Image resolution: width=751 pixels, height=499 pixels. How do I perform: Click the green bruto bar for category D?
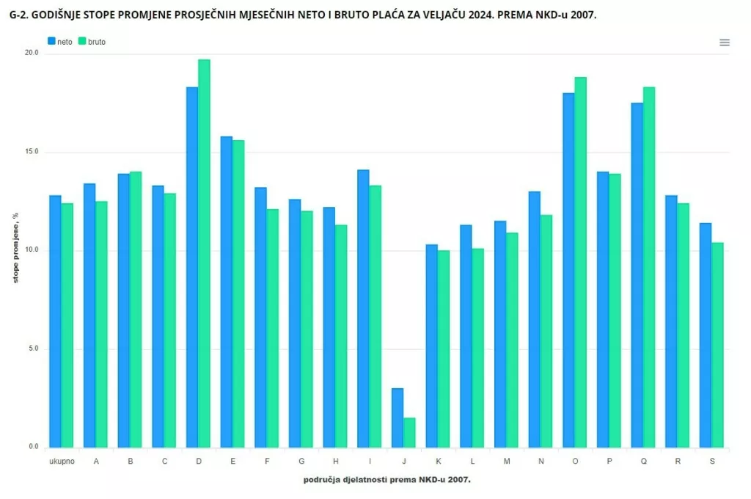[204, 253]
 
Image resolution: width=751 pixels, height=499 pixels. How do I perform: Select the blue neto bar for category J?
[398, 418]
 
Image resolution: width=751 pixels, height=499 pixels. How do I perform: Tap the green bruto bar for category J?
[409, 432]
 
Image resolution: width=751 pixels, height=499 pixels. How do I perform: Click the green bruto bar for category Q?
[649, 267]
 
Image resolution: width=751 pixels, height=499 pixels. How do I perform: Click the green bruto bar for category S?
[717, 345]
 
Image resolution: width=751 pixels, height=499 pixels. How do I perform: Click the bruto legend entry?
[92, 42]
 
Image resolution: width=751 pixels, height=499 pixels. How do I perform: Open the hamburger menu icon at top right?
[725, 43]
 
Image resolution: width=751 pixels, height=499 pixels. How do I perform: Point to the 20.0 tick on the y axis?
[32, 54]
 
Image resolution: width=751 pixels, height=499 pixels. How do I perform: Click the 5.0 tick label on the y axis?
[33, 349]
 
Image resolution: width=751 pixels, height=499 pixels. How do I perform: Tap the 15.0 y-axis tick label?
[32, 152]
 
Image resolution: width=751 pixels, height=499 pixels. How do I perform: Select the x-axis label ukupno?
[61, 461]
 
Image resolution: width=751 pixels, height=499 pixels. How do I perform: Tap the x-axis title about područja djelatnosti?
[387, 479]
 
